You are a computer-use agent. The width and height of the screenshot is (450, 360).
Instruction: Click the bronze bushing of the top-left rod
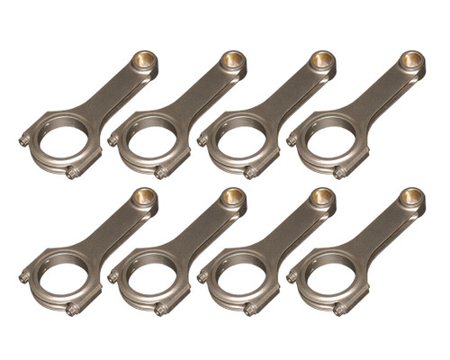coord(143,61)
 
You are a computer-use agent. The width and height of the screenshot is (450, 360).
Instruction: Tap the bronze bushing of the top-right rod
coord(412,61)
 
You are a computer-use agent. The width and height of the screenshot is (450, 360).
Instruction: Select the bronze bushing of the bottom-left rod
coord(143,197)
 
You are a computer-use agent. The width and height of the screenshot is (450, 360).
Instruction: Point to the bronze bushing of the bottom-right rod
coord(412,197)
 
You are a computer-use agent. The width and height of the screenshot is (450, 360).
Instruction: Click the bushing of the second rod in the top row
coord(233,61)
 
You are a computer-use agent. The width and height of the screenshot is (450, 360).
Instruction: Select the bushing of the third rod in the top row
coord(322,61)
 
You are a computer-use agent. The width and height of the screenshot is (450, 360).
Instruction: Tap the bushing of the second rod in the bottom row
coord(233,197)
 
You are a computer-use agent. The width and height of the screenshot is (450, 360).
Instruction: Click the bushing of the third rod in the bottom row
coord(322,197)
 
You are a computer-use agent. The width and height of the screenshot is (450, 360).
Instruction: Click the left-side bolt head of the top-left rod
coord(23,140)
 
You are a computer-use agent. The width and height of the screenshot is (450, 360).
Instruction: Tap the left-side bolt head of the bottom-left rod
coord(23,276)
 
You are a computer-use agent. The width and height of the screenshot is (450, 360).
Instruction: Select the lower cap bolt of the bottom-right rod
coord(340,309)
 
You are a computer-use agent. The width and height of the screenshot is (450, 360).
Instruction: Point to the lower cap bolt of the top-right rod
coord(340,173)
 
